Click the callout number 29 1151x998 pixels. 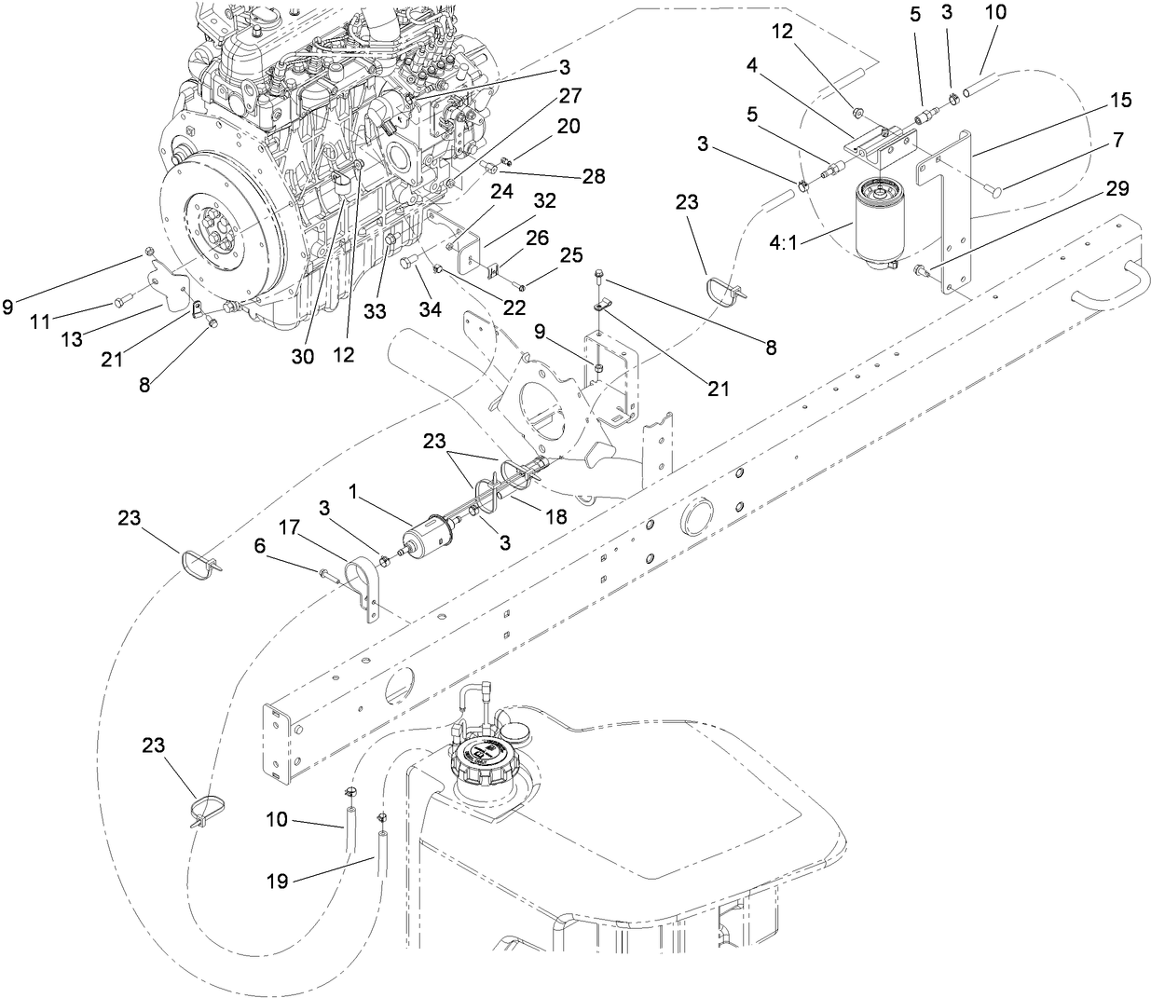[x=1117, y=189]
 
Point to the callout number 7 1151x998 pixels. [x=1117, y=141]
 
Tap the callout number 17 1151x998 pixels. [x=290, y=527]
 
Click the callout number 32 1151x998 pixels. [x=545, y=200]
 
